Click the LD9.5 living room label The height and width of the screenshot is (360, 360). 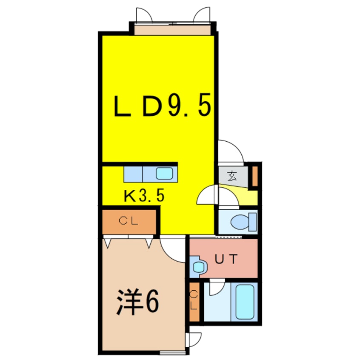pyautogui.click(x=162, y=106)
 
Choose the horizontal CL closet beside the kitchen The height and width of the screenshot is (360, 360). pyautogui.click(x=129, y=220)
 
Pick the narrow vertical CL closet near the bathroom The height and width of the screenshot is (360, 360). pyautogui.click(x=194, y=301)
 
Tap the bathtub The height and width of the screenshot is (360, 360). pyautogui.click(x=244, y=302)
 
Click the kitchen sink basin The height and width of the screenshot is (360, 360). pyautogui.click(x=164, y=173)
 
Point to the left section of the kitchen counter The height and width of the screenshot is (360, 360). pyautogui.click(x=133, y=173)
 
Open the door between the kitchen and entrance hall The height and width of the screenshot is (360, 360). pyautogui.click(x=208, y=196)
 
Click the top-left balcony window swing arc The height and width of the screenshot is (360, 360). pyautogui.click(x=144, y=15)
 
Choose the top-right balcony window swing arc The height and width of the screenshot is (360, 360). pyautogui.click(x=202, y=15)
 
